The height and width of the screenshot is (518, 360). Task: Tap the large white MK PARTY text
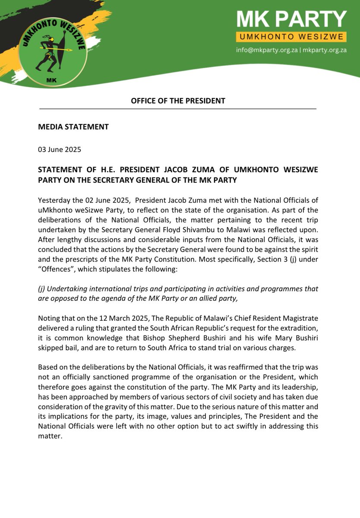click(x=292, y=20)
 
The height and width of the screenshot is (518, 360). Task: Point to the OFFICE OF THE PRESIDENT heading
click(x=178, y=101)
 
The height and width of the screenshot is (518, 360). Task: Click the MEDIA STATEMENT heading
click(x=73, y=127)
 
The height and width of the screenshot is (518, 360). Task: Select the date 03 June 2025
click(x=60, y=150)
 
